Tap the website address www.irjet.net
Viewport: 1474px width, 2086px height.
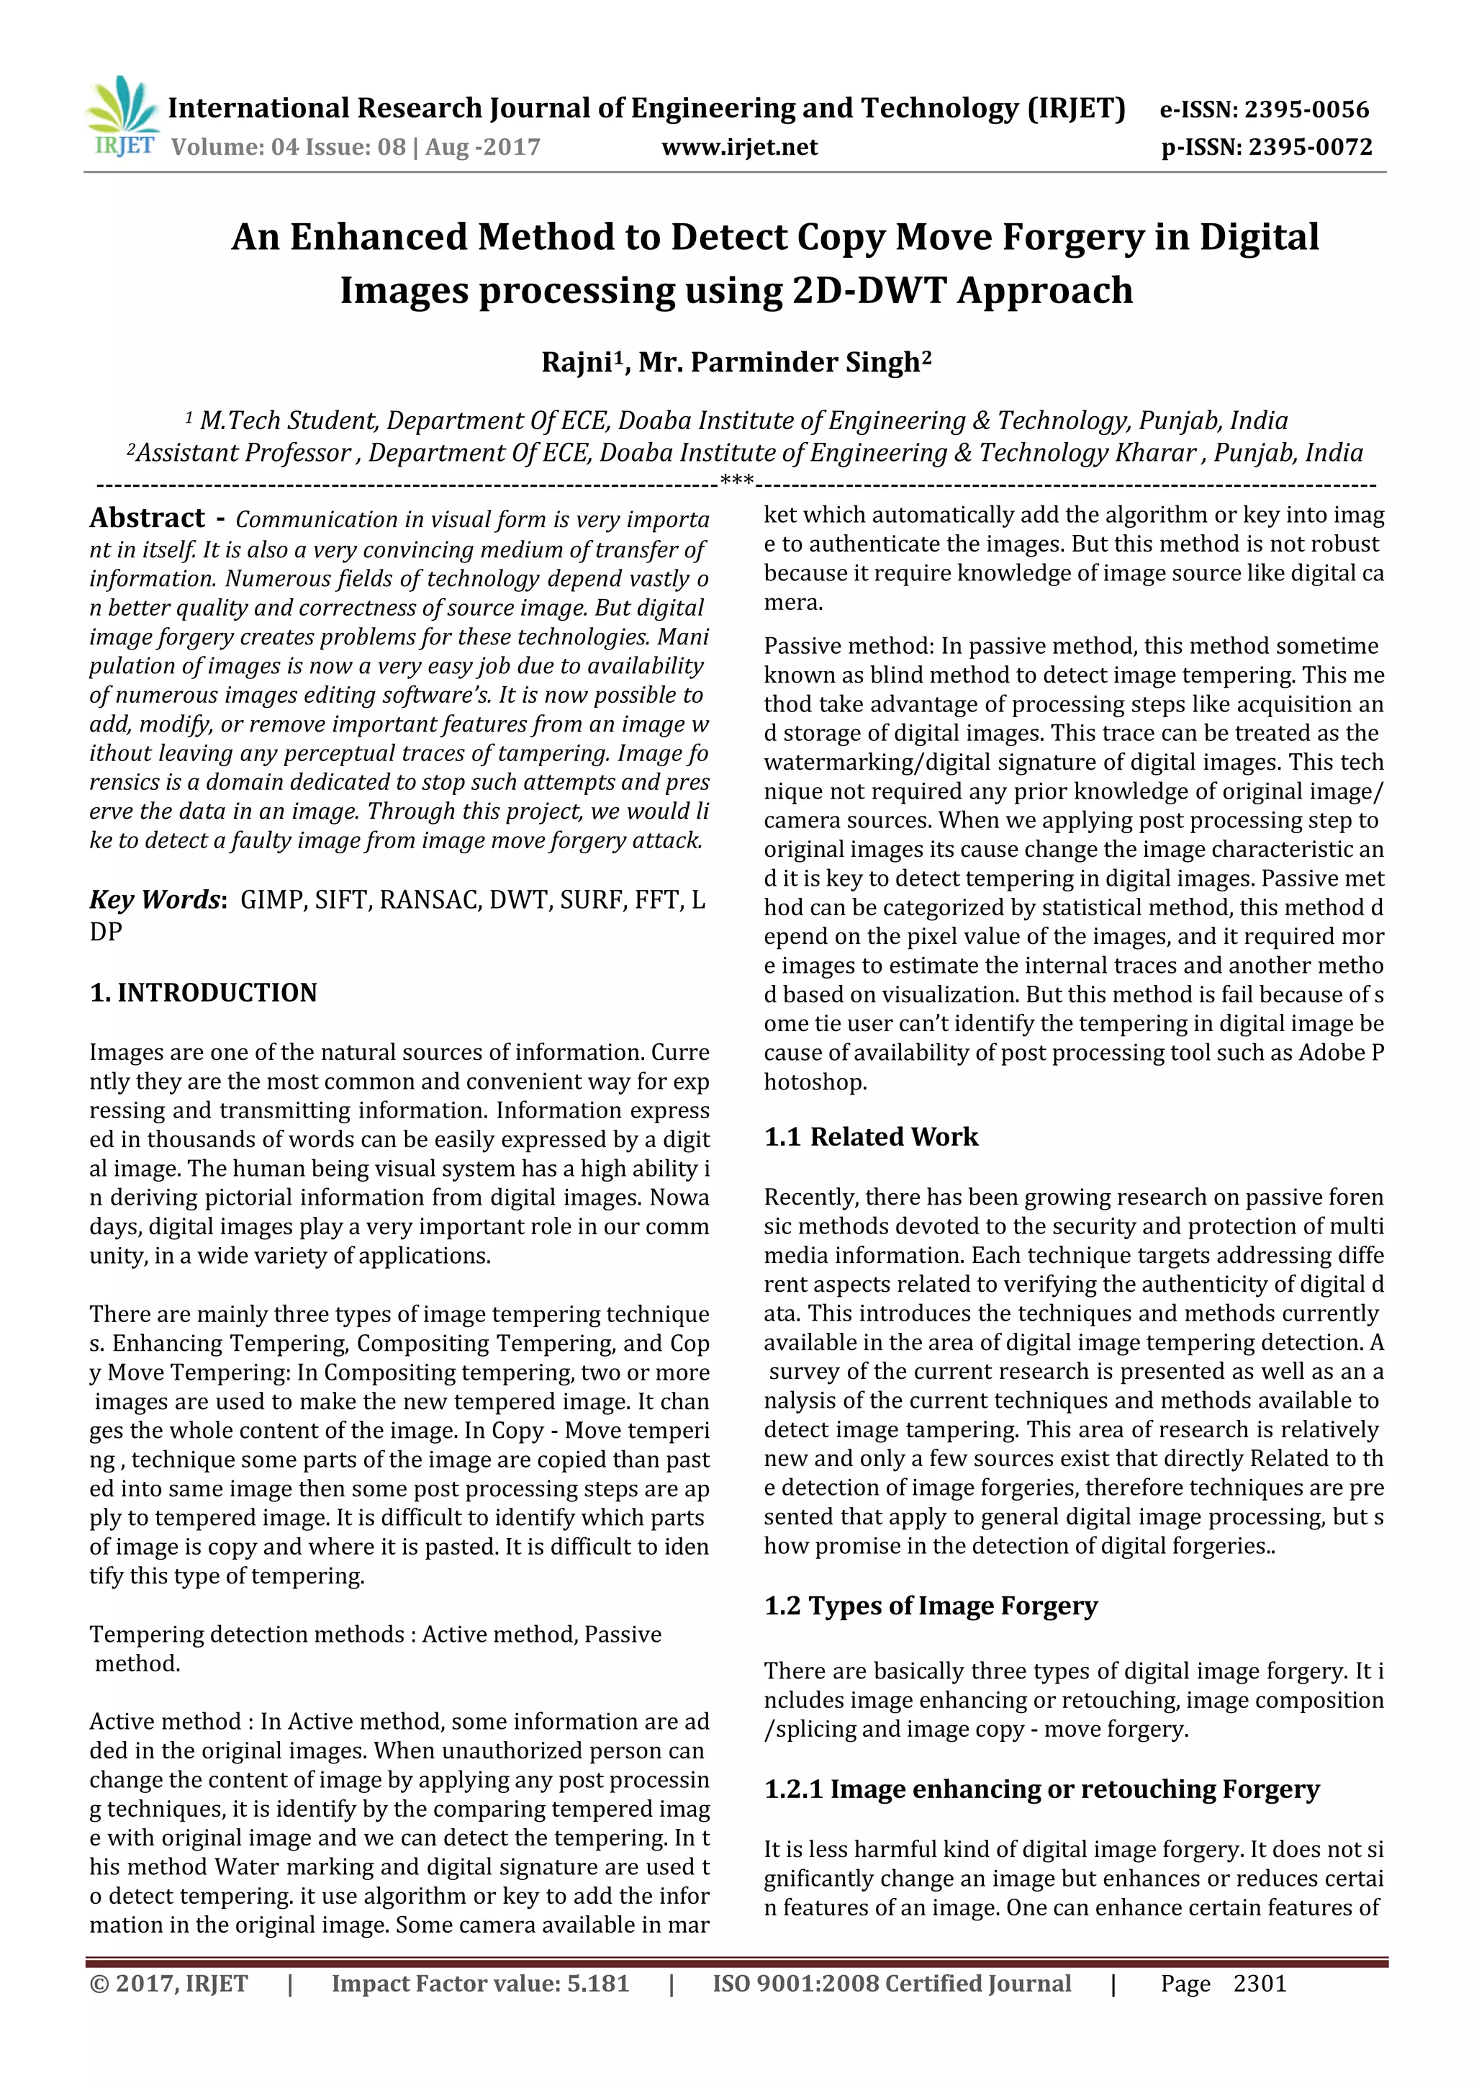click(739, 147)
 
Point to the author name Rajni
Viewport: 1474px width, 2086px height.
click(577, 362)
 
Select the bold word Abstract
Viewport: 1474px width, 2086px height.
click(147, 518)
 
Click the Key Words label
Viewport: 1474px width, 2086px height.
click(155, 899)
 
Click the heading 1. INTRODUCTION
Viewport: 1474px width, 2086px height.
click(204, 992)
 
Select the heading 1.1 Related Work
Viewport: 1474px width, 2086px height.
click(871, 1136)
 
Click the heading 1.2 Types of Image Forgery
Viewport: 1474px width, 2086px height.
click(930, 1606)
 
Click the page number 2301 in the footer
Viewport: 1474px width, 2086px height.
click(1260, 1983)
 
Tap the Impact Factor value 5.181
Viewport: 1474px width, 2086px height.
click(597, 1983)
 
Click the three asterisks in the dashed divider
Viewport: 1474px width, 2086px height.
click(736, 480)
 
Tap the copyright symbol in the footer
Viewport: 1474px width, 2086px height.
click(98, 1983)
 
